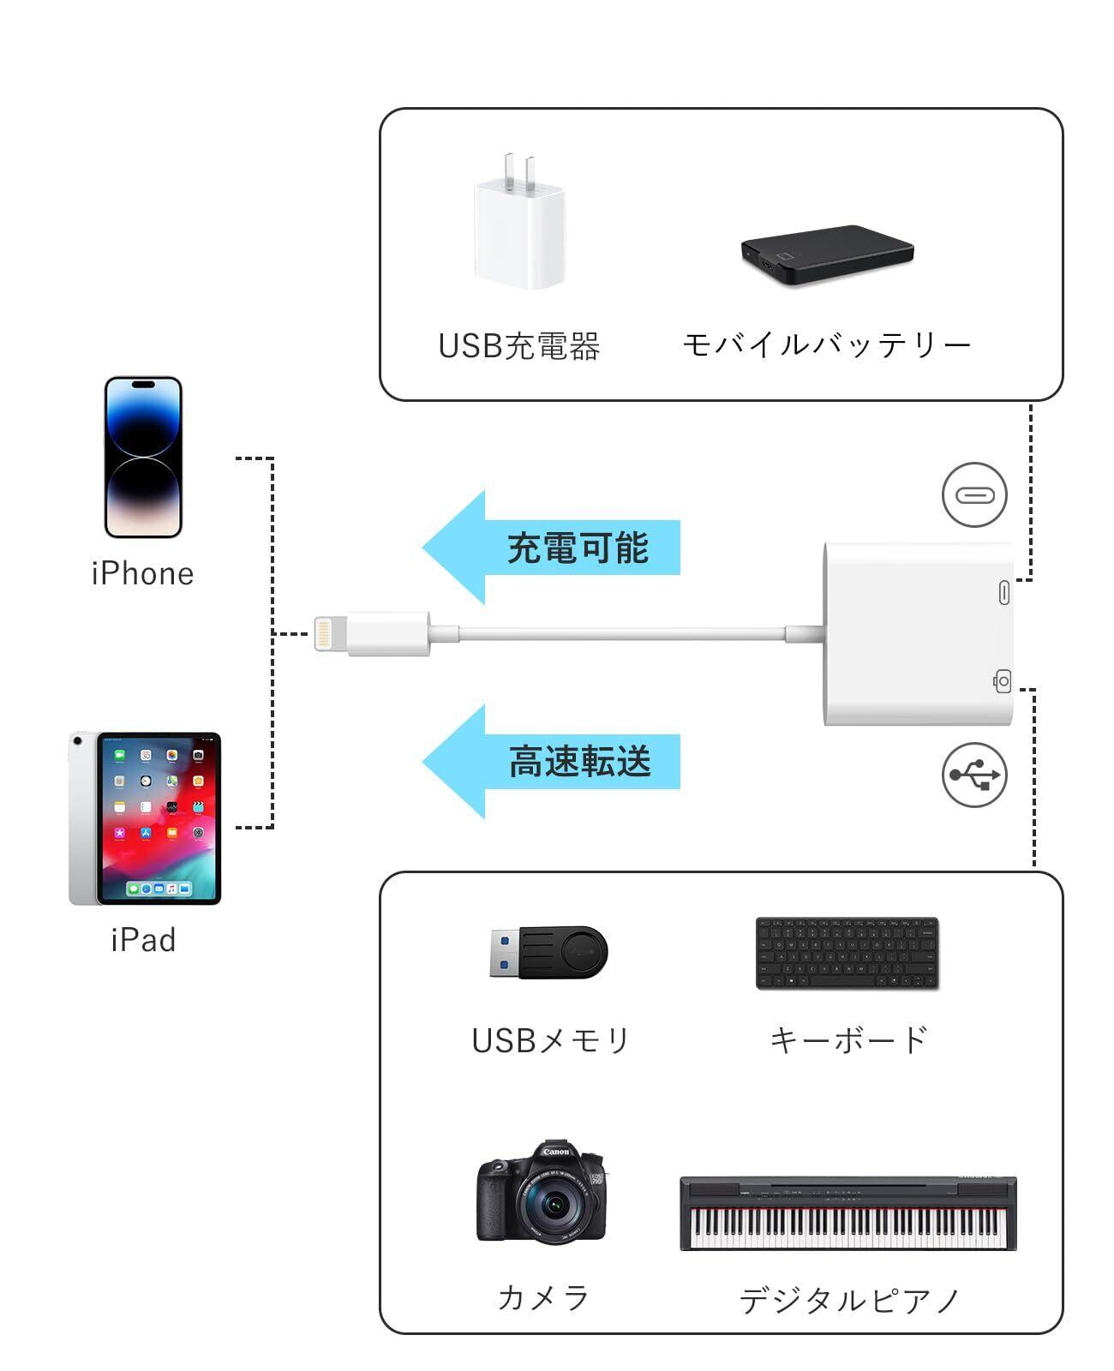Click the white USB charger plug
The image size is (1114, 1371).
click(519, 227)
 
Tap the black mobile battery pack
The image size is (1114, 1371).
click(828, 254)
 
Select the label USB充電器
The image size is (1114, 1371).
click(519, 346)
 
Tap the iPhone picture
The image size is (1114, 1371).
click(143, 457)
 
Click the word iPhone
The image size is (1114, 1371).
click(143, 574)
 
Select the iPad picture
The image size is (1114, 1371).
click(146, 817)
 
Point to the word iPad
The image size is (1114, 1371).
click(143, 940)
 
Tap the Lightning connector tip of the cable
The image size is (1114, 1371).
click(325, 634)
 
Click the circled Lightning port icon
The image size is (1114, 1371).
click(974, 494)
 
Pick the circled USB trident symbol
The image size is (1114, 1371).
click(974, 775)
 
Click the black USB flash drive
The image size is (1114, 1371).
click(548, 953)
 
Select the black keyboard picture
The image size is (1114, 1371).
click(847, 954)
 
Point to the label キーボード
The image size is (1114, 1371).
click(848, 1040)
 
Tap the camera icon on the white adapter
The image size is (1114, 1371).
click(1002, 681)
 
